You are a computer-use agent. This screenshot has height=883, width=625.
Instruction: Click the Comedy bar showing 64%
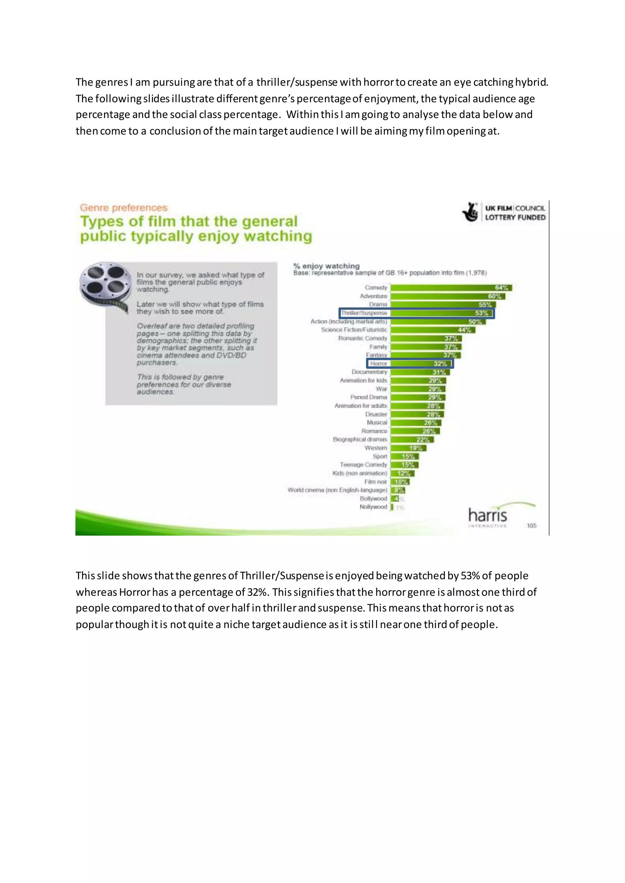tap(451, 288)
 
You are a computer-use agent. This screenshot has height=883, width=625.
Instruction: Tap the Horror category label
tap(378, 363)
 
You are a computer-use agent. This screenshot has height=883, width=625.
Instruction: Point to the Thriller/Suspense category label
tap(364, 313)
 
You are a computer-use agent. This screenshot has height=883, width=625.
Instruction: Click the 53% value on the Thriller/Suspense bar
tap(481, 313)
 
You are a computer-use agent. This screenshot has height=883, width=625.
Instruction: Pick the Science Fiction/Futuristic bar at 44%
tap(432, 330)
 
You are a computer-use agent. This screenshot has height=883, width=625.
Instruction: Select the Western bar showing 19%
tap(408, 448)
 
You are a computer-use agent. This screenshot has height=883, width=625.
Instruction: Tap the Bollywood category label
tap(373, 499)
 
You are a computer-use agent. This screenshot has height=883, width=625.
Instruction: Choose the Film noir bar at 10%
tap(400, 482)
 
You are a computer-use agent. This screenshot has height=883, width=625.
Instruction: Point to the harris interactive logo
tap(488, 517)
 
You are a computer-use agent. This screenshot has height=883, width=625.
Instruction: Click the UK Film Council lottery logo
tap(503, 213)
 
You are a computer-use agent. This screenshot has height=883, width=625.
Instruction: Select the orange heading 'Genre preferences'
tap(124, 208)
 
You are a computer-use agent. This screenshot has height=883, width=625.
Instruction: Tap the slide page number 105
tap(532, 525)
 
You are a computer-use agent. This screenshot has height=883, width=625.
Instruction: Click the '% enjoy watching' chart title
tap(326, 266)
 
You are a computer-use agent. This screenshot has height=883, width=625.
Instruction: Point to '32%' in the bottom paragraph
tap(257, 592)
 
